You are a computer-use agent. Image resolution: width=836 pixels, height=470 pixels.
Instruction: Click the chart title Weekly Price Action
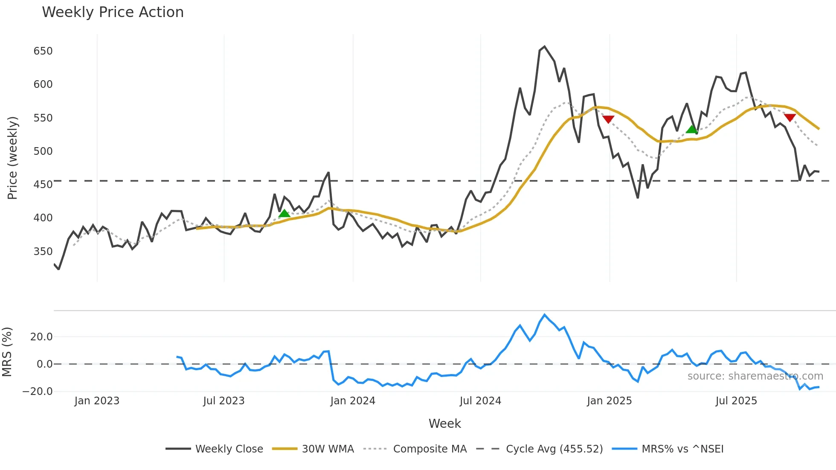coord(113,12)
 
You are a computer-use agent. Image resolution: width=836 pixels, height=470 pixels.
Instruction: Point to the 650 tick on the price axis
coord(43,51)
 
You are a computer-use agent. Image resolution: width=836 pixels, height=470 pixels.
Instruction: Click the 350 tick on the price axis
coord(43,252)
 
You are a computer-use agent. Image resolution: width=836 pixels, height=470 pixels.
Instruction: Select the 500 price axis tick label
coord(43,151)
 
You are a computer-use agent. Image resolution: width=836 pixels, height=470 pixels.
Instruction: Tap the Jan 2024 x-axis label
coord(353,401)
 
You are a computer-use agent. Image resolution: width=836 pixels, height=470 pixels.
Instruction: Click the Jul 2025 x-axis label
coord(736,401)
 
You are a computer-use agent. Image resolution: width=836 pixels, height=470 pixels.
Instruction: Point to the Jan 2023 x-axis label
coord(97,401)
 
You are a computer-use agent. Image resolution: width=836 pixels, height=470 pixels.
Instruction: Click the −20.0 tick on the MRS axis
coord(38,392)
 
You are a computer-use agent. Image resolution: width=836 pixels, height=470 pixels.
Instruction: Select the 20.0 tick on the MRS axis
coord(41,337)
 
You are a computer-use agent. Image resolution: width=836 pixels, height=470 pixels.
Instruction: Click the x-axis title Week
coord(444,424)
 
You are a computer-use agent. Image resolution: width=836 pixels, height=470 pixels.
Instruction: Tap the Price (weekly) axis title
coord(13,158)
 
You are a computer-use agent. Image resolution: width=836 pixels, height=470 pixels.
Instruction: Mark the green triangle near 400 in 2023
coord(284,213)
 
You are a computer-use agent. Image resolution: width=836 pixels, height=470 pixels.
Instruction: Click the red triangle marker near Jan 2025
coord(608,119)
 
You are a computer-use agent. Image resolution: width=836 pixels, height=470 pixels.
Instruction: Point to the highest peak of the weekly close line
coord(544,46)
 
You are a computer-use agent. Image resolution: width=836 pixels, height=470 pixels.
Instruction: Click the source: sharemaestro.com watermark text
coord(755,376)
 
